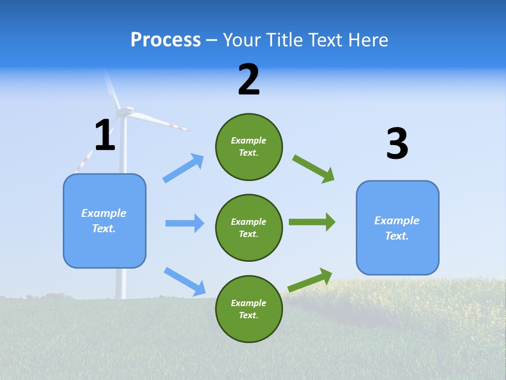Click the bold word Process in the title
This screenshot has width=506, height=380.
pos(166,40)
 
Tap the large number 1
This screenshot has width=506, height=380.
pos(105,135)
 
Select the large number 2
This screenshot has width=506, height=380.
pos(249,80)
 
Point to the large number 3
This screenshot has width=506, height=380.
pos(397,144)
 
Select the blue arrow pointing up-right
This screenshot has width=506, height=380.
pos(183,168)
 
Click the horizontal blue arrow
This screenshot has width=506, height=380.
pos(184,223)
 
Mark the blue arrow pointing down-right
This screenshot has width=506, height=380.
pos(184,281)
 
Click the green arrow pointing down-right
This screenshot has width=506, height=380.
pos(314,169)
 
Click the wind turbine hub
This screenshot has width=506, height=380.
pos(125,111)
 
